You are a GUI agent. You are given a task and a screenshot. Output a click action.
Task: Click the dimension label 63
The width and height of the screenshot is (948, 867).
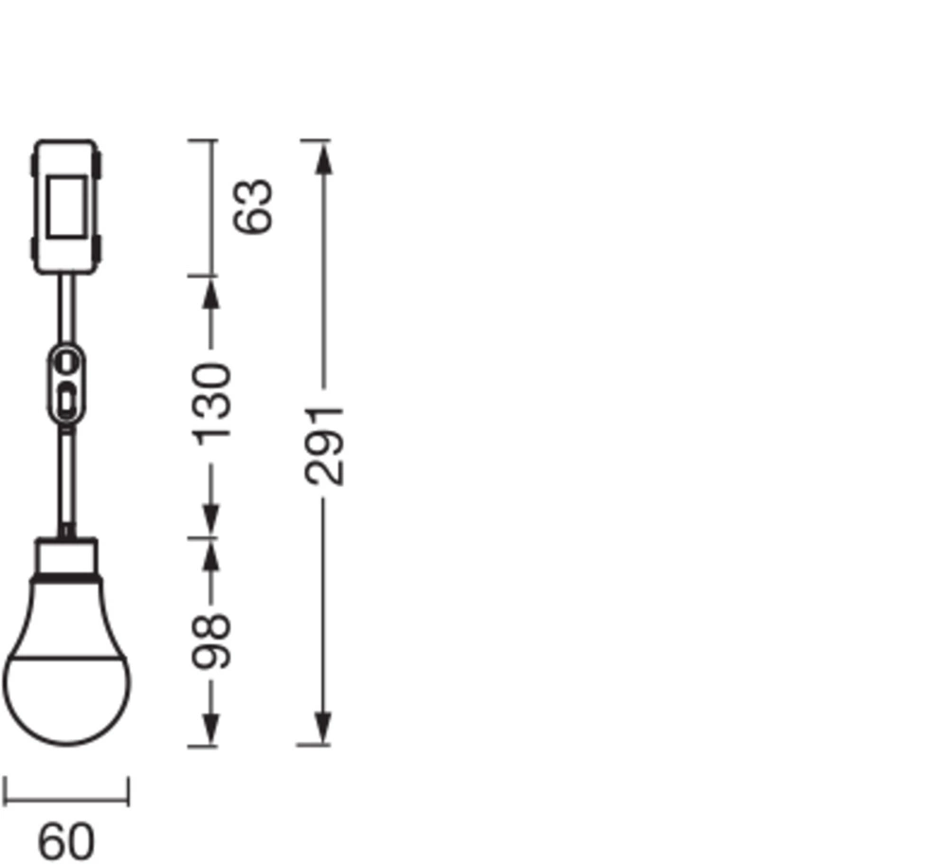coord(254,206)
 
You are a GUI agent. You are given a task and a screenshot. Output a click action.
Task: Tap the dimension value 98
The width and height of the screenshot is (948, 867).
coord(211,641)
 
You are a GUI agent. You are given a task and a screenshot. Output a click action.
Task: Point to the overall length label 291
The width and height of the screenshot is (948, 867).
coord(324,446)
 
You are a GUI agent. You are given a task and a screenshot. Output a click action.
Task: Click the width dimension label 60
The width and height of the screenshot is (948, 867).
coord(66,841)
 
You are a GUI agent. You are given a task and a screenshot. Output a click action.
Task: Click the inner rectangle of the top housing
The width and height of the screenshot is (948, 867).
coord(66,207)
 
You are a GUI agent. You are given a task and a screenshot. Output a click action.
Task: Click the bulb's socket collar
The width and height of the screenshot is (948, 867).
coord(66,557)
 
